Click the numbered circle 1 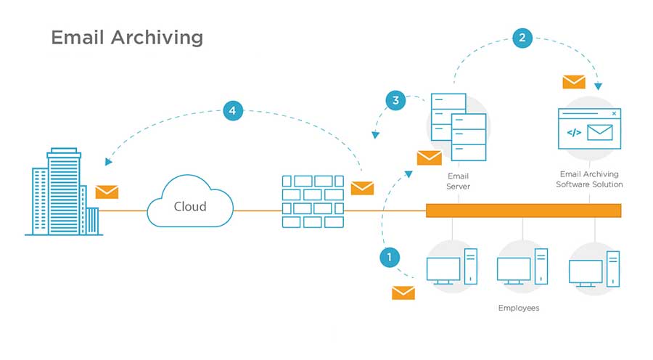point(390,257)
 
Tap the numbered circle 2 point(522,38)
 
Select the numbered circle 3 point(395,100)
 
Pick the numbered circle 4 point(232,111)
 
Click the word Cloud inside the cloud point(190,206)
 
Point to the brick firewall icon point(312,200)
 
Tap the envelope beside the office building point(107,192)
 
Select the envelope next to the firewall point(362,188)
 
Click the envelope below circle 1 point(403,292)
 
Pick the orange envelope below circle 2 point(574,82)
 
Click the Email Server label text point(459,181)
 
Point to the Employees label point(519,308)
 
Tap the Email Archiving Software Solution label point(589,179)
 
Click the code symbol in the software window point(573,132)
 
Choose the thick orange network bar point(523,210)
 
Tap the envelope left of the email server point(429,157)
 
